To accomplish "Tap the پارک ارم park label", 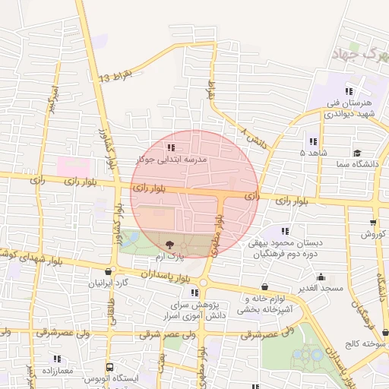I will (x=169, y=258).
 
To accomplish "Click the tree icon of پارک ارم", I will (x=169, y=245).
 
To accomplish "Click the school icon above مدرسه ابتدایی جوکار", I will (x=171, y=147).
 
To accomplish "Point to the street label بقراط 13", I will (x=116, y=75).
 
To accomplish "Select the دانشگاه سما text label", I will (x=357, y=164).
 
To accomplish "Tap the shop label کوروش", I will (x=372, y=234).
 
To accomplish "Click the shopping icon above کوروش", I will (x=372, y=221).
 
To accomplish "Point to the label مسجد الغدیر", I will (x=321, y=289).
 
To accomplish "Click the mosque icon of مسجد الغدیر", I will (x=321, y=277).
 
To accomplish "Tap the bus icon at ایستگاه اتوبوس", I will (x=109, y=366).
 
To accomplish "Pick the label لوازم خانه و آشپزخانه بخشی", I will (x=264, y=305).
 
